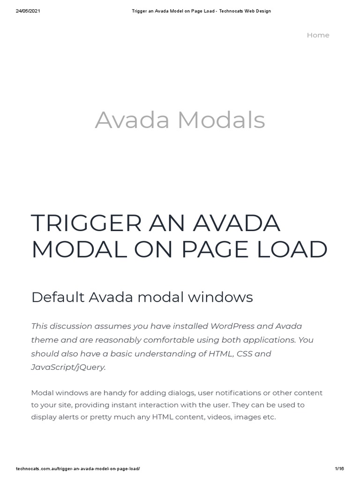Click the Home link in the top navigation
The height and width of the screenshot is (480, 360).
point(318,35)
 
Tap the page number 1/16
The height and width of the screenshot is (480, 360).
point(340,469)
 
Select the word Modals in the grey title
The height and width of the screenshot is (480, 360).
point(221,120)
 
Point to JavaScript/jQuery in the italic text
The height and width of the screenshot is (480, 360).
point(68,367)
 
